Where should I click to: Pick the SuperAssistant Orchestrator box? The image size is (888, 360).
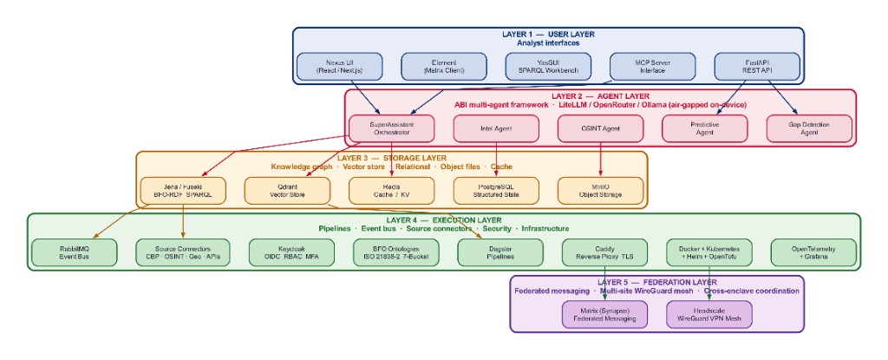tap(392, 128)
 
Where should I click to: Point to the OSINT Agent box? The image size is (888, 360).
tap(601, 128)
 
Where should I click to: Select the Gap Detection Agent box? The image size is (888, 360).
tap(809, 128)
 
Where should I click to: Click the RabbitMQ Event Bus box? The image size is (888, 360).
tap(75, 252)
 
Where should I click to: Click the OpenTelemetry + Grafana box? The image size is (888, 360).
tap(814, 252)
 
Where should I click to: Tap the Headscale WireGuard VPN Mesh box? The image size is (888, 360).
tap(710, 314)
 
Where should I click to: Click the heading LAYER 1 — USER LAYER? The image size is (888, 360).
tap(548, 34)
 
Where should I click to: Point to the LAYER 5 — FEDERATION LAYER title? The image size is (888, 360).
tap(656, 282)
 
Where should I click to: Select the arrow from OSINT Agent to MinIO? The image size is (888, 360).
tap(601, 160)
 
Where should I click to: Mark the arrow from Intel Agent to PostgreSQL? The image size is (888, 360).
tap(496, 160)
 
